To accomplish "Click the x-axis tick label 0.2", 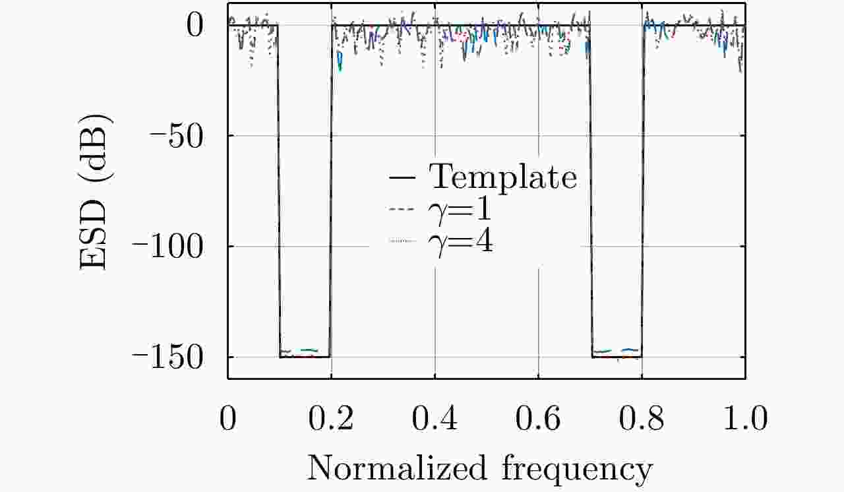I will [x=331, y=420].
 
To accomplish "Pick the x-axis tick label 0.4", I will [x=435, y=420].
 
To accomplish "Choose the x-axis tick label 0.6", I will [x=538, y=420].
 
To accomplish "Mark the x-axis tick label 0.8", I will [x=642, y=420].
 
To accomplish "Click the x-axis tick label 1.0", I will [x=744, y=420].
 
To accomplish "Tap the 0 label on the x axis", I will [x=228, y=420].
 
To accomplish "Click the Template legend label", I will [x=503, y=177].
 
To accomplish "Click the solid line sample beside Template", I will [x=402, y=177].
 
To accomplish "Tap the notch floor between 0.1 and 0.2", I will [x=305, y=357].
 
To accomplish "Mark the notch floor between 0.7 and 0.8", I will [x=617, y=357].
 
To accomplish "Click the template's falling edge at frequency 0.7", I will [x=591, y=191].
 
